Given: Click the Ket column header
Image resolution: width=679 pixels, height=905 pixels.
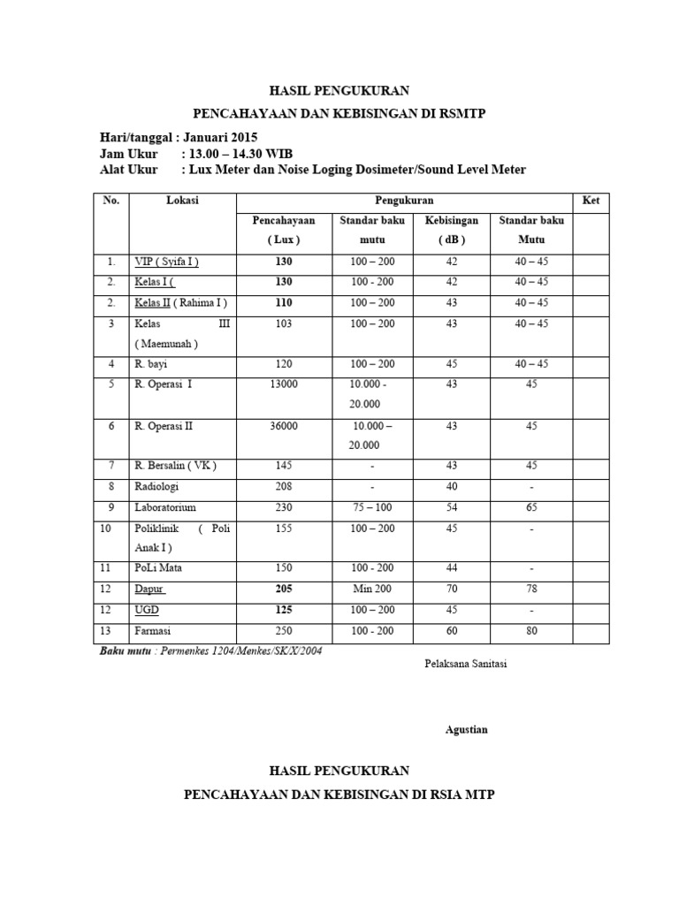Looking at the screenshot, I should [591, 201].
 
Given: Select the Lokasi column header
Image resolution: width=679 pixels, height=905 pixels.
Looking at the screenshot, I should [182, 201].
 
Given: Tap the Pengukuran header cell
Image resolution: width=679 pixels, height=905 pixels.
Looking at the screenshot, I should [403, 201].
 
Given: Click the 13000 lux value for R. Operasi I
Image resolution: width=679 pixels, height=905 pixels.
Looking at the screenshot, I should [284, 385].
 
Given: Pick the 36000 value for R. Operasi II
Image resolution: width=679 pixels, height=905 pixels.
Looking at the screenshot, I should [284, 426].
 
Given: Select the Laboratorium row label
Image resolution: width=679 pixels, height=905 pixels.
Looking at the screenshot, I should [165, 507].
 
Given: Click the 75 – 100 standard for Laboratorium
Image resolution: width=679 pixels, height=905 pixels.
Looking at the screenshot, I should [372, 507].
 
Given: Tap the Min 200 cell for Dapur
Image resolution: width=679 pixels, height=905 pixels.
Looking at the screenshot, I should [372, 589].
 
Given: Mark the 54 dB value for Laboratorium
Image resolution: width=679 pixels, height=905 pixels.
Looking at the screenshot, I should [452, 507].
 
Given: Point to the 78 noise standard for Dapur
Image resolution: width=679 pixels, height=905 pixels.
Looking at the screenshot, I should [530, 589].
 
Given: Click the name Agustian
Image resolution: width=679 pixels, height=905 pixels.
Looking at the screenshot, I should [466, 729].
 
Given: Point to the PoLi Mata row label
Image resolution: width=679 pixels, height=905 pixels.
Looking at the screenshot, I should [160, 568].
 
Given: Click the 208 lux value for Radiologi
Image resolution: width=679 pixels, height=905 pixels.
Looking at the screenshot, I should [284, 486].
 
